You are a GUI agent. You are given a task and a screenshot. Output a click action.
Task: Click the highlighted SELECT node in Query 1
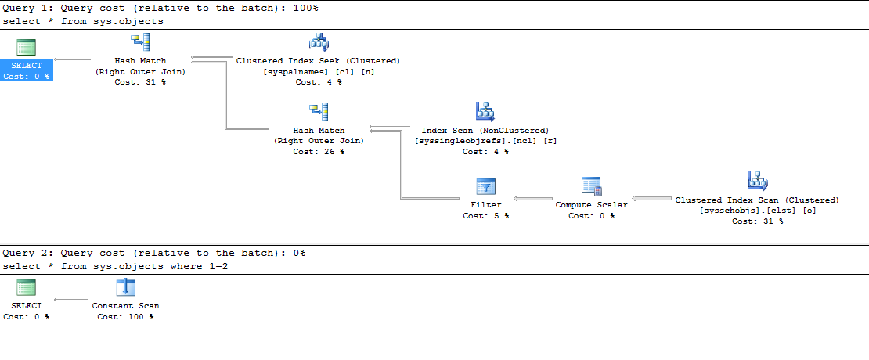(x=27, y=66)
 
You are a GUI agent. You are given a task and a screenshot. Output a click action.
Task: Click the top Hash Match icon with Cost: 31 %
(x=140, y=42)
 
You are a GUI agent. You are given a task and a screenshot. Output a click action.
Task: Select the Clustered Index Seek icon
(x=319, y=42)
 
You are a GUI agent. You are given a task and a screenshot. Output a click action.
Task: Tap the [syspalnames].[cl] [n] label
(x=318, y=71)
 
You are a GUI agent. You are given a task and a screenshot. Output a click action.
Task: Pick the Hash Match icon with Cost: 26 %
(x=319, y=112)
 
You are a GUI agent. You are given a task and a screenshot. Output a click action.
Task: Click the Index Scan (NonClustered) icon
(x=485, y=112)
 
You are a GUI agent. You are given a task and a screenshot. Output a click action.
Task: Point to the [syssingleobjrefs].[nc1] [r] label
(x=485, y=141)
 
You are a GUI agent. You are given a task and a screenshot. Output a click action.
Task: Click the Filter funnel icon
(x=486, y=187)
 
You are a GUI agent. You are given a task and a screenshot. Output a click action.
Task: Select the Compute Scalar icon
(x=591, y=186)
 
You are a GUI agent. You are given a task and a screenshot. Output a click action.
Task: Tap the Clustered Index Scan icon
(x=757, y=182)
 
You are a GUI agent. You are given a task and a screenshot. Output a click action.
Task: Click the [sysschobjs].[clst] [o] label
(x=757, y=211)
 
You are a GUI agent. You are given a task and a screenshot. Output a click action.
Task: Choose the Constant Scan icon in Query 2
(x=125, y=287)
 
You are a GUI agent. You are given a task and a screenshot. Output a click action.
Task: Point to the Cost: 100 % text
(x=125, y=317)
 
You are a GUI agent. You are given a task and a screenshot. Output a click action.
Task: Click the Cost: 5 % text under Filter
(x=486, y=216)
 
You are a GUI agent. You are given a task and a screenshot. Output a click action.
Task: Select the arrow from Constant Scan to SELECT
(x=71, y=299)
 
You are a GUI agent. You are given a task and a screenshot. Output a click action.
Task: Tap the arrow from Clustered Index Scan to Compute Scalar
(x=650, y=199)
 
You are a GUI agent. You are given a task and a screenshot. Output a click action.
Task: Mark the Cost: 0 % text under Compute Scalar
(x=591, y=216)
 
